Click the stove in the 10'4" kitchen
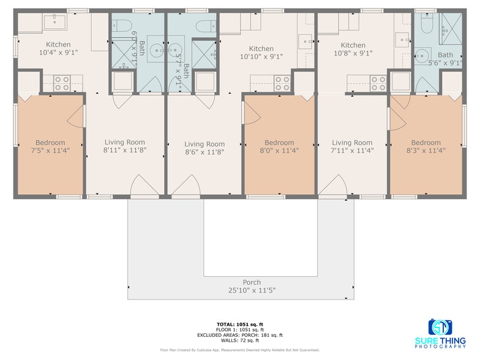point(62,83)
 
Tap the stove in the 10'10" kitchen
point(282,83)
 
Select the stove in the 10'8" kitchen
point(378,83)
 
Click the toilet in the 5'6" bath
point(427,24)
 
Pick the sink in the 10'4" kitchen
point(56,23)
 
